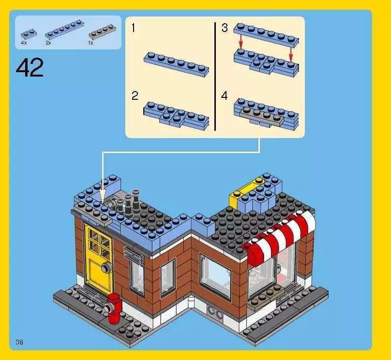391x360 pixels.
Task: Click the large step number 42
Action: (30, 68)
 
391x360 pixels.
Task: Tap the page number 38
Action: (19, 342)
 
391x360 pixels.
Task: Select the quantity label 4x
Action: (24, 43)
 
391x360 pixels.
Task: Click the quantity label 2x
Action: (48, 43)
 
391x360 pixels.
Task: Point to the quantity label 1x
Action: (90, 43)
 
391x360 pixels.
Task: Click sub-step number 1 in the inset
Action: (134, 29)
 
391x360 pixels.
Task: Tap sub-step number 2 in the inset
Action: (135, 96)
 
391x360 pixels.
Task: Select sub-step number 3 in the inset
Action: (225, 28)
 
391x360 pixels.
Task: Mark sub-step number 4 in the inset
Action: (225, 96)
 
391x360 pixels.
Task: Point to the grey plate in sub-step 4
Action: (263, 115)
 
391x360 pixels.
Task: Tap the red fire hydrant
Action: (114, 308)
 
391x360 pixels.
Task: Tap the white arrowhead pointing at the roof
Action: (102, 197)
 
